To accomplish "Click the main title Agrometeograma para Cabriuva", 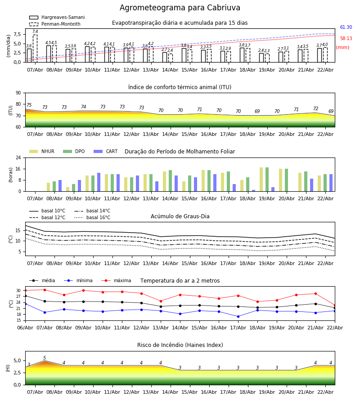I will click(180, 8).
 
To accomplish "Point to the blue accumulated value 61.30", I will click(346, 27).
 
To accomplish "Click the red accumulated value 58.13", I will click(346, 39).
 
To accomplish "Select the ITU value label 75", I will click(29, 105).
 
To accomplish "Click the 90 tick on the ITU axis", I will click(18, 93).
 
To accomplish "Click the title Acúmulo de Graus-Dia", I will click(180, 216).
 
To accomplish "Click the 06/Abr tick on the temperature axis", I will click(25, 327).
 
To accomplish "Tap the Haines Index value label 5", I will click(45, 358).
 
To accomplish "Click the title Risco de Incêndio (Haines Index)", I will click(180, 345).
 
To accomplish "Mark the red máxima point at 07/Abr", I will click(45, 290).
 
